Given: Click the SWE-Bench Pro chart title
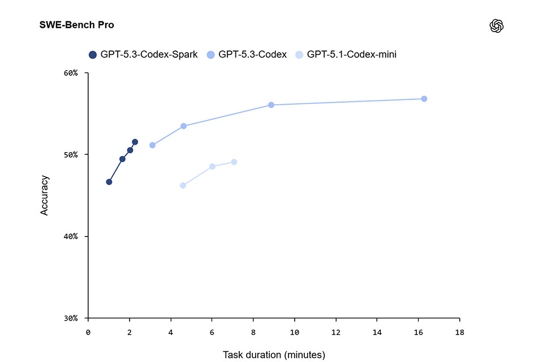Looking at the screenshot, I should click(x=76, y=25).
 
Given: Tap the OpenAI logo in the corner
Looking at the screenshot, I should click(x=497, y=26).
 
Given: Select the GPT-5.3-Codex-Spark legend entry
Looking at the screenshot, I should click(x=143, y=55).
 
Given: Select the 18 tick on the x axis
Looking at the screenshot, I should click(x=459, y=332).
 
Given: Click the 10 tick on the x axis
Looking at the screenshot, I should click(x=294, y=332).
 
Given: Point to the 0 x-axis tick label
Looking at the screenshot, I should click(x=88, y=332).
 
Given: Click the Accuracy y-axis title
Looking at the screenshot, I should click(x=45, y=195).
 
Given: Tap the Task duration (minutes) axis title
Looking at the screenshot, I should click(x=274, y=355).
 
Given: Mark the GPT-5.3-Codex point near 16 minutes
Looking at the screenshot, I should click(x=424, y=99).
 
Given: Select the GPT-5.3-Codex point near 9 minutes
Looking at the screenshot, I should click(x=271, y=105).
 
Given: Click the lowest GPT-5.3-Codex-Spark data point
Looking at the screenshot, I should click(x=109, y=182).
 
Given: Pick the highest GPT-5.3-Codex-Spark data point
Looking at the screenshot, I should click(x=135, y=142).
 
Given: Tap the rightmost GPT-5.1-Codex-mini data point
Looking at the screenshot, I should click(x=234, y=162).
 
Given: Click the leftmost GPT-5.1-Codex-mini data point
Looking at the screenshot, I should click(x=183, y=186).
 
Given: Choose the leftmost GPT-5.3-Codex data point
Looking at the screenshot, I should click(x=152, y=145).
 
